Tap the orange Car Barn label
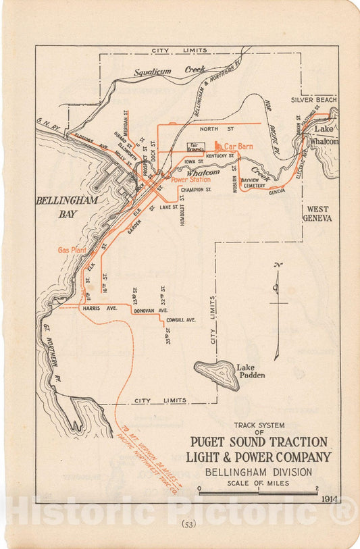pos(238,146)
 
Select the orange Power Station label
pos(190,180)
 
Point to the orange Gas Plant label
pos(72,250)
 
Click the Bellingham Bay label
pos(68,207)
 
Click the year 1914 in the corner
pos(330,498)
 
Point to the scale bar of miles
pos(258,493)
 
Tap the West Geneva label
pos(317,213)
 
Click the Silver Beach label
pos(313,99)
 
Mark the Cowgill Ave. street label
pos(180,319)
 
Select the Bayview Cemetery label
pos(255,183)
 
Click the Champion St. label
pos(196,190)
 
